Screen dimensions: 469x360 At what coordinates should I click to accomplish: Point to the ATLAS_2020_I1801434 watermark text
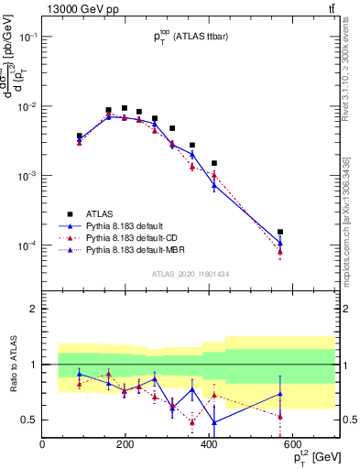coord(190,272)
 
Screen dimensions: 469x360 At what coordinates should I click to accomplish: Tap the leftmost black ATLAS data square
coord(80,136)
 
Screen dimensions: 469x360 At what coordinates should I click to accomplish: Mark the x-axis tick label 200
coord(125,445)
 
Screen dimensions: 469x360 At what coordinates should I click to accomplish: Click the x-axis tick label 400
coord(209,445)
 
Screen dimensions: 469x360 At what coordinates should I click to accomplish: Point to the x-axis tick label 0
coord(42,445)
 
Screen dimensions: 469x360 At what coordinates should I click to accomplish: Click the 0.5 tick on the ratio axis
coord(28,420)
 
